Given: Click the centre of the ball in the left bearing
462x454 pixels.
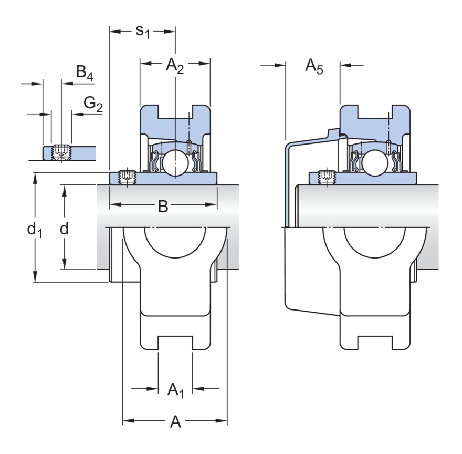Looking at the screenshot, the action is pos(175,163).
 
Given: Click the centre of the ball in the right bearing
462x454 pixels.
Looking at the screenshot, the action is pos(375,163).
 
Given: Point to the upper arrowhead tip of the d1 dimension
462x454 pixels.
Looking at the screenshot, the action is pos(35,173).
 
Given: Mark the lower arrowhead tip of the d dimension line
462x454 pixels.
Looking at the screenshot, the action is pos(64,269).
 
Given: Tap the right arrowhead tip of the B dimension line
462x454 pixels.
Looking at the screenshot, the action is pos(217,204).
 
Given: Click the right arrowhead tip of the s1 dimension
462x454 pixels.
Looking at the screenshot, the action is pos(175,32).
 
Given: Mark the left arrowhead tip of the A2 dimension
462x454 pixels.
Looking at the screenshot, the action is pos(141,63).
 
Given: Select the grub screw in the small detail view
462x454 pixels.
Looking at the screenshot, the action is pos(61,152).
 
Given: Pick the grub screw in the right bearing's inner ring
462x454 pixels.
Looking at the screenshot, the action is pos(327,177).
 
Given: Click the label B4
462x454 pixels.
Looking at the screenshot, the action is pos(85,73).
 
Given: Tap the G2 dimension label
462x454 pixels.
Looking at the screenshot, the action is pos(93,105).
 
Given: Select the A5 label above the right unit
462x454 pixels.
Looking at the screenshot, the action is pos(314,67).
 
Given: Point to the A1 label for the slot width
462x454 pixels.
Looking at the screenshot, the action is pos(175,390).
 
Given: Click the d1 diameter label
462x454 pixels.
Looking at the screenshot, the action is pos(35,230).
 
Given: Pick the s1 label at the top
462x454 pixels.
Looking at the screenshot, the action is pos(143,32).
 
